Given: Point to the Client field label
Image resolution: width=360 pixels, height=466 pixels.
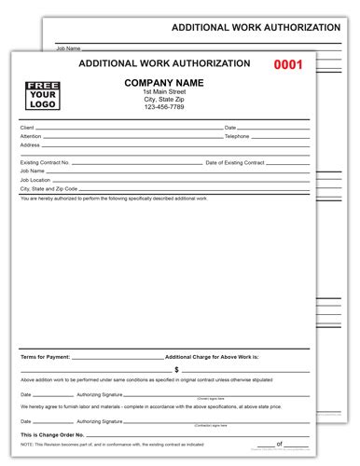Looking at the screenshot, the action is pyautogui.click(x=26, y=127).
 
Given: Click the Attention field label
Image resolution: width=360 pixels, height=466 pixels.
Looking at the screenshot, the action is pyautogui.click(x=30, y=136).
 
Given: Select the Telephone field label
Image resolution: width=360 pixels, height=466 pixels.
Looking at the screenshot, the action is pyautogui.click(x=239, y=136).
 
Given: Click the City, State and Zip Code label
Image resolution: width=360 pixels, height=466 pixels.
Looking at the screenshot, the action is pyautogui.click(x=48, y=189).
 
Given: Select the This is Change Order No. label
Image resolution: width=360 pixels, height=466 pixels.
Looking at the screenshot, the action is pyautogui.click(x=52, y=436).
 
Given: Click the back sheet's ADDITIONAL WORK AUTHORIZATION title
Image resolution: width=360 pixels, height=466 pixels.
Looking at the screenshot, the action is pyautogui.click(x=264, y=27).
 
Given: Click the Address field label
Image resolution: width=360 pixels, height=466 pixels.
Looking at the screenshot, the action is pyautogui.click(x=28, y=145).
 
